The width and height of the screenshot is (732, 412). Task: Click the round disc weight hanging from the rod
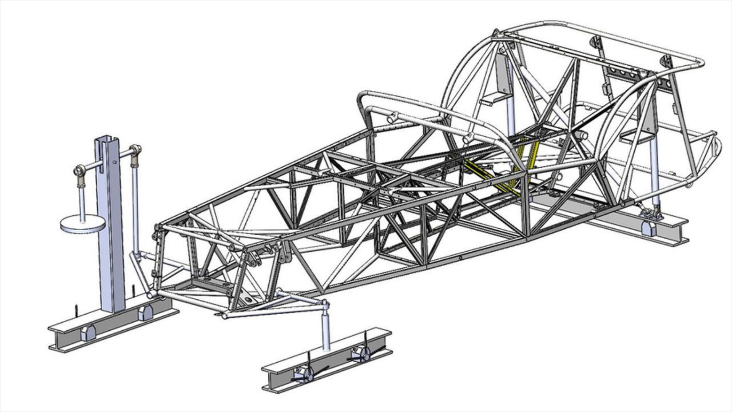click(82, 225)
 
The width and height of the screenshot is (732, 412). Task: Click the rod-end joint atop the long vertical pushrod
click(135, 151)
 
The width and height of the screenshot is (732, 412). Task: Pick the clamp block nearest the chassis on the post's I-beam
click(145, 312)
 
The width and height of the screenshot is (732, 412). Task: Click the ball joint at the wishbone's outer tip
click(324, 304)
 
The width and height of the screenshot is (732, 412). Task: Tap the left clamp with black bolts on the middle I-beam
click(303, 373)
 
